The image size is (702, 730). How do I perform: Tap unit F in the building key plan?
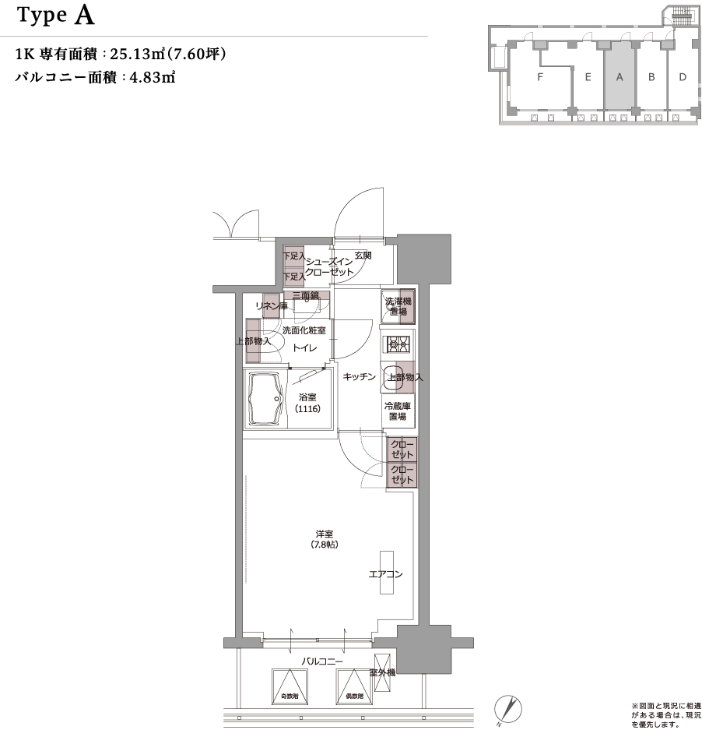click(539, 77)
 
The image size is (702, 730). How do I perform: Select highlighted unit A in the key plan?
click(620, 77)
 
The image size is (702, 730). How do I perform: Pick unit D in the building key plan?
click(682, 77)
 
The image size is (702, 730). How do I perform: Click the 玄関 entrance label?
click(363, 255)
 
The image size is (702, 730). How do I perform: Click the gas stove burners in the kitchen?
click(398, 343)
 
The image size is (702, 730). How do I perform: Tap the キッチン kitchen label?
click(360, 377)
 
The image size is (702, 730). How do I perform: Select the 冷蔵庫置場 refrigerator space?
click(398, 411)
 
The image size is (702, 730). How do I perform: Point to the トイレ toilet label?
click(304, 348)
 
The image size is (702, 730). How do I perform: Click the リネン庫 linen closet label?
click(272, 306)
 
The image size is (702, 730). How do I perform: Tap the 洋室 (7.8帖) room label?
click(325, 539)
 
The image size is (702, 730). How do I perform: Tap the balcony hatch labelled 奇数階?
click(290, 686)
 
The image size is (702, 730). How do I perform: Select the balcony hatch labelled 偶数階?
click(355, 686)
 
